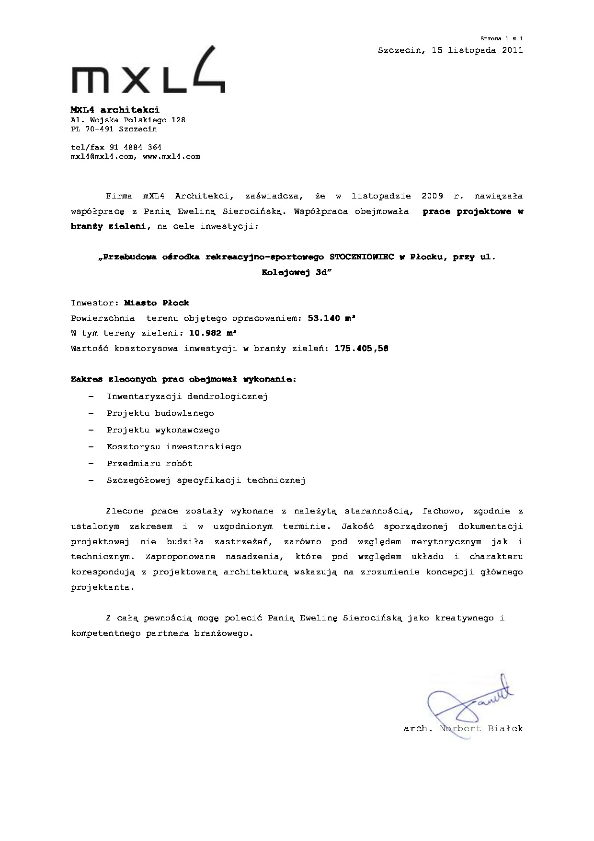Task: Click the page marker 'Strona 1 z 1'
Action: tap(502, 38)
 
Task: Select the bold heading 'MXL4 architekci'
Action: tap(115, 110)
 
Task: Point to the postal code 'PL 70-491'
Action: tap(94, 129)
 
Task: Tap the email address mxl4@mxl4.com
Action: tap(102, 156)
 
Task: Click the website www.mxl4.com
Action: tap(171, 156)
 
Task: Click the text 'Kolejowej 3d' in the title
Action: tap(297, 272)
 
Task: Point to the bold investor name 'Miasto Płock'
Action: tap(157, 303)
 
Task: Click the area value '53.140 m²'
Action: tap(331, 318)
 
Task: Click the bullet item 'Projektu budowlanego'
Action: tap(160, 413)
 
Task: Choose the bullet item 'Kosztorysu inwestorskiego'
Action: tap(174, 446)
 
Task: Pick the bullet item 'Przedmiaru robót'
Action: tap(149, 463)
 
